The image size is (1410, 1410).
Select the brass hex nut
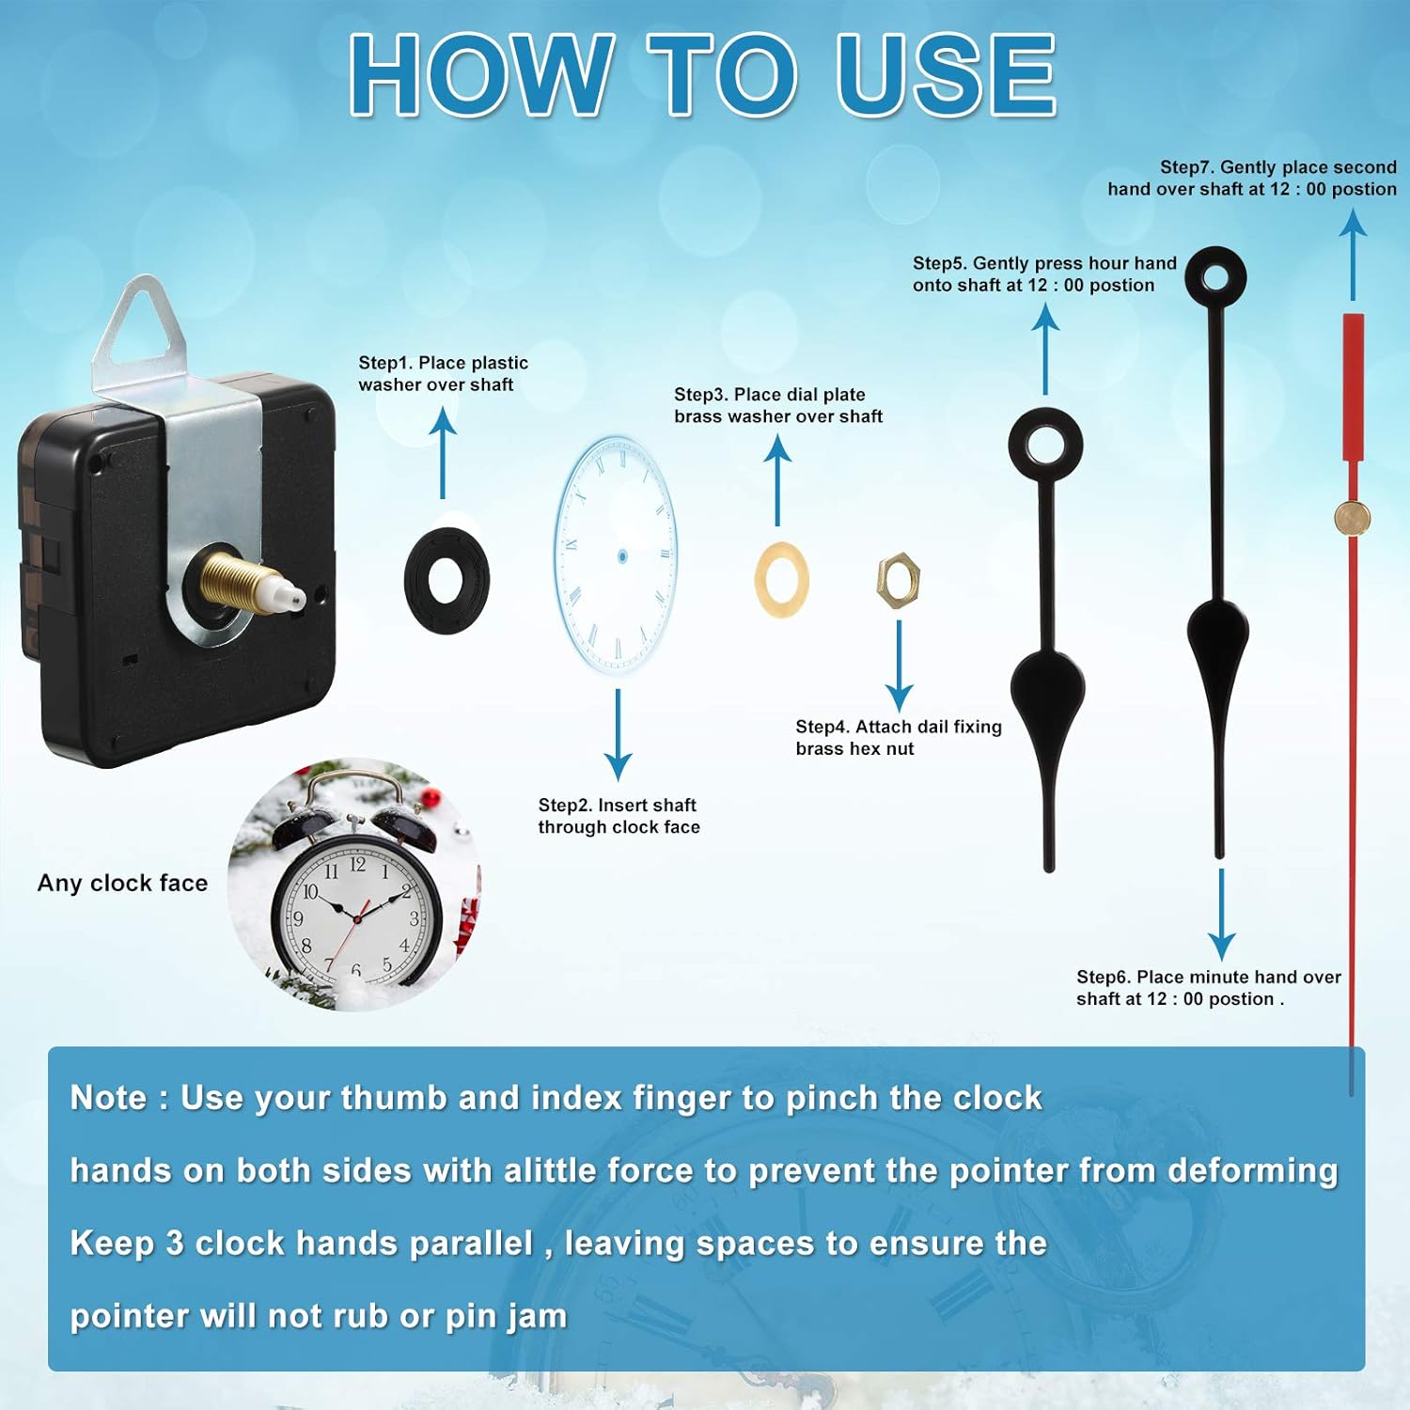[x=899, y=581]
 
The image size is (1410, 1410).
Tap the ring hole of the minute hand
[x=1215, y=277]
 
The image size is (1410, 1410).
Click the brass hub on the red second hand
[x=1353, y=516]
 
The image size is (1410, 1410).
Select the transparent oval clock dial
[x=615, y=554]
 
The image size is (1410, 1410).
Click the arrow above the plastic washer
[x=443, y=453]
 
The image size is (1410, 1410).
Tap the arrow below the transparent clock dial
[x=618, y=734]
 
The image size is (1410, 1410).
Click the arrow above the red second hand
[x=1353, y=254]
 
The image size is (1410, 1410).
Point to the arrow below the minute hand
[x=1221, y=914]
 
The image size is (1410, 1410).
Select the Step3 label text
[x=778, y=405]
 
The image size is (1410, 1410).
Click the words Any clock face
[x=122, y=883]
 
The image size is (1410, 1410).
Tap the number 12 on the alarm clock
[x=357, y=863]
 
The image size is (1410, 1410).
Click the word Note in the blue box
[x=108, y=1097]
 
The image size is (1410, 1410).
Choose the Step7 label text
[x=1252, y=178]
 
